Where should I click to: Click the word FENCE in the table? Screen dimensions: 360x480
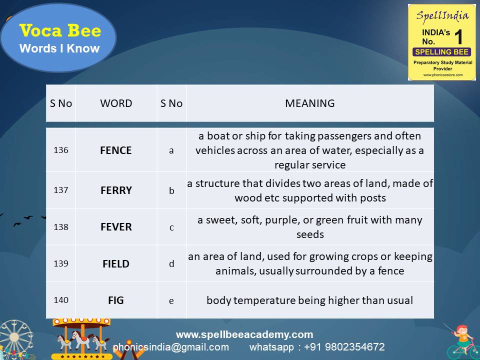pyautogui.click(x=116, y=150)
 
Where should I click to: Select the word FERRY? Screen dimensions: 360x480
pyautogui.click(x=116, y=190)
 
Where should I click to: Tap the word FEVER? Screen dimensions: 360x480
pyautogui.click(x=116, y=227)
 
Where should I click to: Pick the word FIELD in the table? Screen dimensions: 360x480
pyautogui.click(x=116, y=263)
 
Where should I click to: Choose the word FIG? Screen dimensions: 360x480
pyautogui.click(x=116, y=300)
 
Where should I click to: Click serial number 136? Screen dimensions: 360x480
pyautogui.click(x=61, y=150)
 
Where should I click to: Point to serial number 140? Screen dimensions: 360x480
pyautogui.click(x=61, y=300)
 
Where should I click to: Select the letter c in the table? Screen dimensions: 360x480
pyautogui.click(x=171, y=227)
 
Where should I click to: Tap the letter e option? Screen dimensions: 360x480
pyautogui.click(x=171, y=300)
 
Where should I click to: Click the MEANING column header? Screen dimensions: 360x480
pyautogui.click(x=310, y=103)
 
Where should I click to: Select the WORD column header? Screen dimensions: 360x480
pyautogui.click(x=116, y=103)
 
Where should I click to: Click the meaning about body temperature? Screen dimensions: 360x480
pyautogui.click(x=310, y=300)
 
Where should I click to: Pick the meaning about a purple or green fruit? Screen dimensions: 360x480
pyautogui.click(x=310, y=227)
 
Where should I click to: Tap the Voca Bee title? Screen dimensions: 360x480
pyautogui.click(x=60, y=31)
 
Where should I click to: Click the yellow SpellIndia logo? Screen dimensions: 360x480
pyautogui.click(x=441, y=42)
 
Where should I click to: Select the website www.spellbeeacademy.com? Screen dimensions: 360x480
pyautogui.click(x=244, y=334)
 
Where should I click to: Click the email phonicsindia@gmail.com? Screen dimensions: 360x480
pyautogui.click(x=171, y=347)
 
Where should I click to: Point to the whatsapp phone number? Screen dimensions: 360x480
pyautogui.click(x=345, y=347)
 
